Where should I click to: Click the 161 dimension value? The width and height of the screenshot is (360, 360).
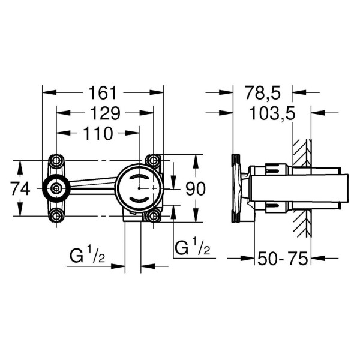(102, 93)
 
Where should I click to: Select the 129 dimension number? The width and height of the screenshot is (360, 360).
(102, 113)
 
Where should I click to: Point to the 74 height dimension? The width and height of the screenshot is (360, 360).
(20, 188)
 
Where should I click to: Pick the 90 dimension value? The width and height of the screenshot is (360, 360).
(195, 188)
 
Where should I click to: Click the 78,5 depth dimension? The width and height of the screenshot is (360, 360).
(263, 93)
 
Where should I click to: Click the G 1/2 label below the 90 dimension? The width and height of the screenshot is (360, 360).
(192, 247)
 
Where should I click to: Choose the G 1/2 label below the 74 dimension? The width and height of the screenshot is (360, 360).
(88, 256)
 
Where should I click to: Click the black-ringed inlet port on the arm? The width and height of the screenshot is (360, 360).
(56, 188)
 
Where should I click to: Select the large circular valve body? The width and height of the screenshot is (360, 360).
(138, 188)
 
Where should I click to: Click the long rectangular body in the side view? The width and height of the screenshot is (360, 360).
(300, 188)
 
